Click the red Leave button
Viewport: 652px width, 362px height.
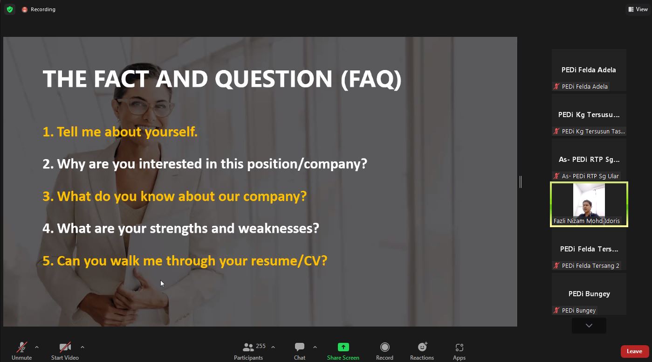635,351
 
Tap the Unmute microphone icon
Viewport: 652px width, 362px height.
21,347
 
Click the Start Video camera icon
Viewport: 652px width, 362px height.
65,347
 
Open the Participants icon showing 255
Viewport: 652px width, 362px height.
248,347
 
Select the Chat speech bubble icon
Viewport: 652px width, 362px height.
299,347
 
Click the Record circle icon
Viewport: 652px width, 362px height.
384,347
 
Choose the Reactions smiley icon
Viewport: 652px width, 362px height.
422,347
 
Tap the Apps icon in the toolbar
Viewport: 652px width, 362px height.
459,347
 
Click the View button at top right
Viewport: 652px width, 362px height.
638,9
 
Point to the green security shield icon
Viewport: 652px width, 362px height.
10,9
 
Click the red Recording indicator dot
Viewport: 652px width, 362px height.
24,10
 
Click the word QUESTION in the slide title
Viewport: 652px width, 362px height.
273,79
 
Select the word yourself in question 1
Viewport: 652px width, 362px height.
171,132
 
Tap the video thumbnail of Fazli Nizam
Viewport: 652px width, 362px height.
589,204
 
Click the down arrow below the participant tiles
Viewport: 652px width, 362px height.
589,326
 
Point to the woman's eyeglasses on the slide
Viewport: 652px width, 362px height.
144,106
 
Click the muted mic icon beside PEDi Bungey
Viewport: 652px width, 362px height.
556,310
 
